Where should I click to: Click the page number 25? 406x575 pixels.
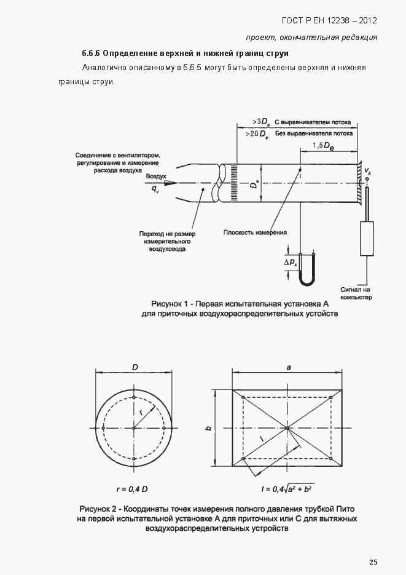373,561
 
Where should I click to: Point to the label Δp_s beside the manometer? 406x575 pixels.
290,263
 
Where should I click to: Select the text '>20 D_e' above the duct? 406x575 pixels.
256,133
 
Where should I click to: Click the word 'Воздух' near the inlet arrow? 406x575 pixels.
157,176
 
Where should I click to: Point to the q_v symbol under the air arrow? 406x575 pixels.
156,189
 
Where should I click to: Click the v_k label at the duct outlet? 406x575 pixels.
367,170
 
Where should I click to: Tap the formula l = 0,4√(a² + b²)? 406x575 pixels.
286,489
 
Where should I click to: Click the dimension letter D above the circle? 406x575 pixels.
134,367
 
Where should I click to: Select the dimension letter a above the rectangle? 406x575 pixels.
287,367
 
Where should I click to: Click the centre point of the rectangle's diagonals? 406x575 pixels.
287,427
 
